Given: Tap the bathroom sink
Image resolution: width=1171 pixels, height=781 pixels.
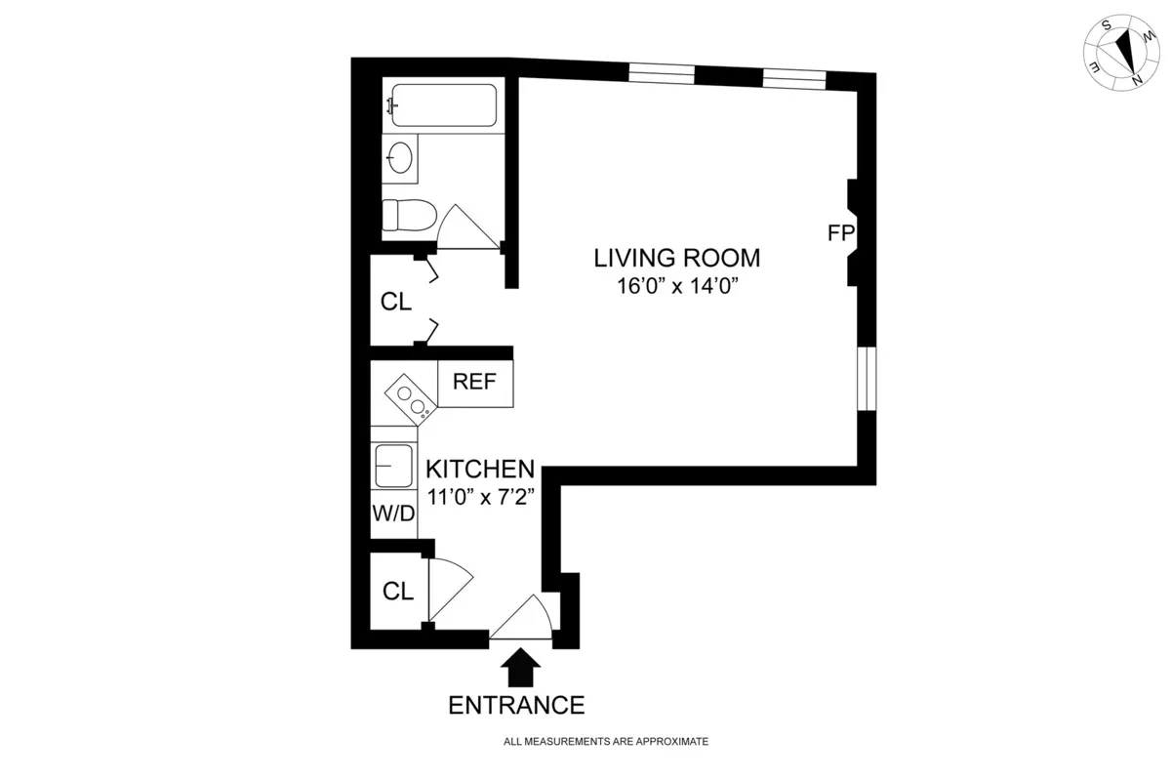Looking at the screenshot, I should (399, 157).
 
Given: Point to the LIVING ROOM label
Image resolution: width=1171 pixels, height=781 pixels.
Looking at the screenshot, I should (676, 259).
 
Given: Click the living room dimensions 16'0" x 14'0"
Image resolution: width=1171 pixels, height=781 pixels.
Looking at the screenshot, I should (676, 288).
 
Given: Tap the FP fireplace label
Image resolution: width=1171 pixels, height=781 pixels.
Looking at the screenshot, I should (840, 233).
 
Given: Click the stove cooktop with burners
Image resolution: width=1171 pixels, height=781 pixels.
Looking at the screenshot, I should (411, 400).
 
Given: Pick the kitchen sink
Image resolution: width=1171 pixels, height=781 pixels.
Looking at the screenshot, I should (393, 466).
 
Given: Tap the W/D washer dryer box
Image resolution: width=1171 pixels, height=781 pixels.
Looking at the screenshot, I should (393, 513).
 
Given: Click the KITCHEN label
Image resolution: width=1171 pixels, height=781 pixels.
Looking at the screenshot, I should (479, 469).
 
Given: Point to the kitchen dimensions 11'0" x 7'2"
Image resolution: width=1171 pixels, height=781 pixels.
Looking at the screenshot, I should (479, 496).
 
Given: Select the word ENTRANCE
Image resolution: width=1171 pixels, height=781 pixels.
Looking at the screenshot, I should (516, 705).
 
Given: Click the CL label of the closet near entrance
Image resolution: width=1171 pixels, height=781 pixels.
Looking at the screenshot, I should (397, 591).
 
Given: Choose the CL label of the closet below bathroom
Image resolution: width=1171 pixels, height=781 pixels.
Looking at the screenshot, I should (395, 302).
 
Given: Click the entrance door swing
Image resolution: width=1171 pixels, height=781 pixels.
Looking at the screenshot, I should (528, 619).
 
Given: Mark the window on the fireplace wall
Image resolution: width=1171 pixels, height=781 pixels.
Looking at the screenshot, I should (866, 378).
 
